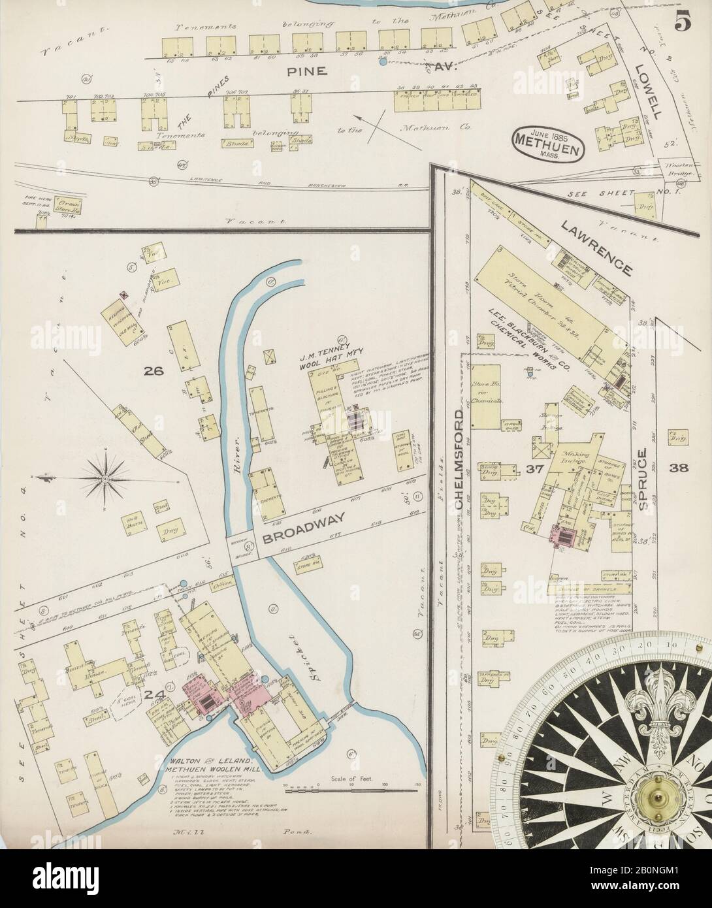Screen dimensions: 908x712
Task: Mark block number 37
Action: click(530, 468)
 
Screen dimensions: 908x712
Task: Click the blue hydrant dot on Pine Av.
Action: click(382, 63)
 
